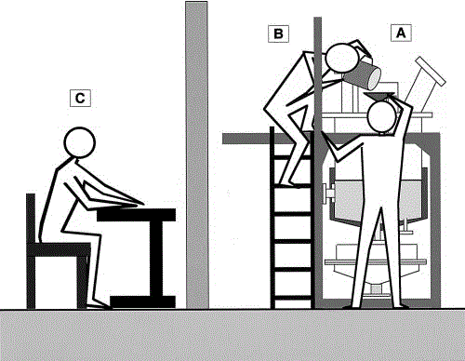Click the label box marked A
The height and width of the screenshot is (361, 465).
401,33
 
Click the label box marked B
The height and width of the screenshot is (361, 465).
278,33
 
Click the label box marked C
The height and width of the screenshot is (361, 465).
80,98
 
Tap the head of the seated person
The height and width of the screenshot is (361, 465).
79,142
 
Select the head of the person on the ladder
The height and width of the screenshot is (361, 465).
342,59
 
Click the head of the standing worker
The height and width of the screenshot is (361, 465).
382,116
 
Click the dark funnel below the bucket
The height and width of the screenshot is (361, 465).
379,96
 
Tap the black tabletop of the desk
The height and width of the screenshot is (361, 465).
137,215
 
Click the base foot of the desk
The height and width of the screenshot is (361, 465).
143,301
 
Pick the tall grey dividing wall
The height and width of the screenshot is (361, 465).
197,155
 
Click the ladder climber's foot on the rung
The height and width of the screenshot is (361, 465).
290,184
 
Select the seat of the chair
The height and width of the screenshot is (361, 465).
59,250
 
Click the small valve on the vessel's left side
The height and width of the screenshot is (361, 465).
329,194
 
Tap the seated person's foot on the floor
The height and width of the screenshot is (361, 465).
100,306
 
